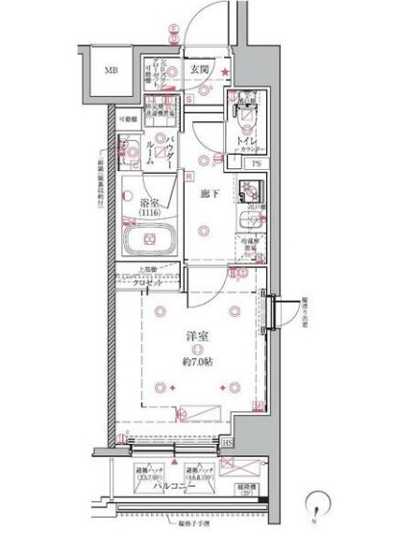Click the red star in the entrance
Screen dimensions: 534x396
pyautogui.click(x=225, y=74)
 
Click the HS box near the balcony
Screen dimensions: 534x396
pyautogui.click(x=254, y=442)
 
